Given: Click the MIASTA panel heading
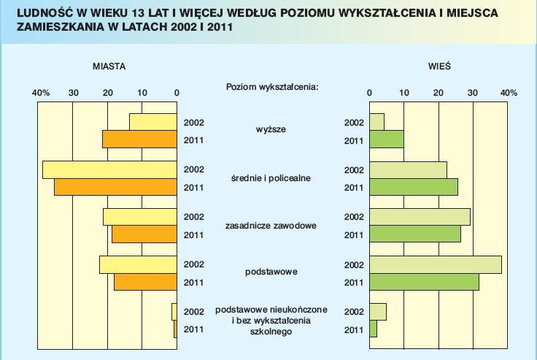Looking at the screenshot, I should [109, 66].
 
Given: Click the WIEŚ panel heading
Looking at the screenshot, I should [439, 66].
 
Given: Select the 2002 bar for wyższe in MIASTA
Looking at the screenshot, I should [153, 122].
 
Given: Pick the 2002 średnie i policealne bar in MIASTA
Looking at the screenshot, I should [110, 169].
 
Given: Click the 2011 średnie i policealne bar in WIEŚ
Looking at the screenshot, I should [414, 188].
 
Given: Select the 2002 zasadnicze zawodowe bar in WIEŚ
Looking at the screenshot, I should [420, 217].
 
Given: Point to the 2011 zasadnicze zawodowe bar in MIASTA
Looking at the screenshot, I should [144, 234].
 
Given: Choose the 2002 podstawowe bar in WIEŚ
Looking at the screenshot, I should [436, 264].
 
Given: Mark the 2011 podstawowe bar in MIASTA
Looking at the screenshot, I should [146, 282].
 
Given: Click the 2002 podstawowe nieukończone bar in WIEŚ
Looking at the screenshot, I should [378, 312].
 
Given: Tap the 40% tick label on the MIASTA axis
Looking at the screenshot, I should [41, 93].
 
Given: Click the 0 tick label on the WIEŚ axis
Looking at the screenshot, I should [370, 93].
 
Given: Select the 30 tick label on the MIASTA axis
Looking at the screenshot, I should [73, 93].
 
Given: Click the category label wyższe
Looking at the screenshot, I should [271, 130].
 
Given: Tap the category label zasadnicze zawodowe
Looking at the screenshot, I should [271, 226].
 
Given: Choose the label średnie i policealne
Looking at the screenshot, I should [271, 178].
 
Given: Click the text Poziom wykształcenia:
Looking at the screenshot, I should [272, 87].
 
